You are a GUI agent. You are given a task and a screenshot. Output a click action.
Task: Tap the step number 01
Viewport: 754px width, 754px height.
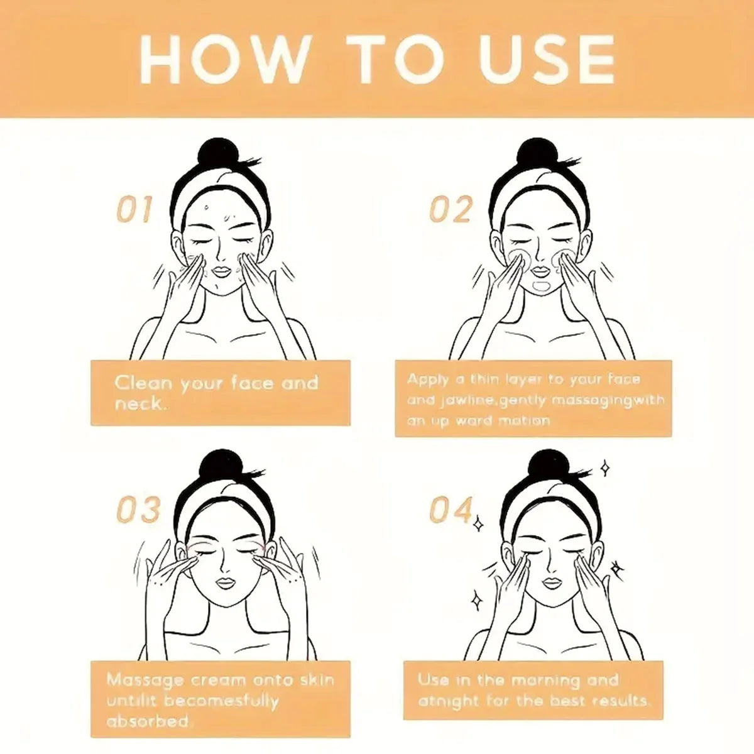(x=134, y=209)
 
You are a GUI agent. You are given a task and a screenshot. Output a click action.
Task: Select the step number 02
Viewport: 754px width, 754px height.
(x=451, y=209)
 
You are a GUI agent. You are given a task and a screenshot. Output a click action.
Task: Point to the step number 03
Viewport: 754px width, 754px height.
(x=138, y=510)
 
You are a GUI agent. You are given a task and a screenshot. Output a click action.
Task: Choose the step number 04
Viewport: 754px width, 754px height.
(x=451, y=510)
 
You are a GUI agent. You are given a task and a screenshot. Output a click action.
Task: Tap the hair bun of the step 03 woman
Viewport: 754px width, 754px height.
(x=217, y=466)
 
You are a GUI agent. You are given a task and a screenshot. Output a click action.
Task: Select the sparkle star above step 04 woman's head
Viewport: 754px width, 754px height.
(x=605, y=467)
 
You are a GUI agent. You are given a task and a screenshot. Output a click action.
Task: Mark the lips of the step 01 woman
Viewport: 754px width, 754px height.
(x=222, y=271)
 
